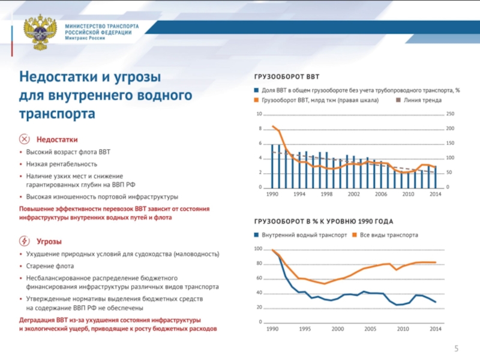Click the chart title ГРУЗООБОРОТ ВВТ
pyautogui.click(x=287, y=77)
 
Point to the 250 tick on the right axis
pyautogui.click(x=452, y=115)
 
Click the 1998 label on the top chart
pyautogui.click(x=326, y=194)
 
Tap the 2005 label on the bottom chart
pyautogui.click(x=370, y=329)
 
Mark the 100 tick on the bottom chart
pyautogui.click(x=259, y=249)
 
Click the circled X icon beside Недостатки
pyautogui.click(x=25, y=139)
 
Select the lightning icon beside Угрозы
pyautogui.click(x=25, y=241)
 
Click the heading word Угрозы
pyautogui.click(x=49, y=241)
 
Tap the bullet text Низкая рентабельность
pyautogui.click(x=61, y=164)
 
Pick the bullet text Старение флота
pyautogui.click(x=50, y=266)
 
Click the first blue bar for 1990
pyautogui.click(x=272, y=166)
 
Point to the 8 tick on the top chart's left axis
pyautogui.click(x=260, y=129)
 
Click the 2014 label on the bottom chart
pyautogui.click(x=436, y=329)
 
